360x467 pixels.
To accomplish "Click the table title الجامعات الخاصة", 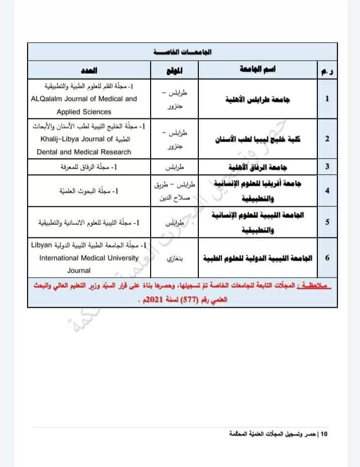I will pos(182,52).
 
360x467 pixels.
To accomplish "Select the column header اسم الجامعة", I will pos(258,70).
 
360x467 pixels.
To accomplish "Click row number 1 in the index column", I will pos(327,98).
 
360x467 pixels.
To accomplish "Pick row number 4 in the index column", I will pos(327,190).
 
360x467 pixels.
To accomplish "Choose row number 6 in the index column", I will pos(327,258).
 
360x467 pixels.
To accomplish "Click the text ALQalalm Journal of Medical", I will pos(83,99).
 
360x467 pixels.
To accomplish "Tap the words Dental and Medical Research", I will pos(84,152).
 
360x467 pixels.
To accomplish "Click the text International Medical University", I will pos(89,258).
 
